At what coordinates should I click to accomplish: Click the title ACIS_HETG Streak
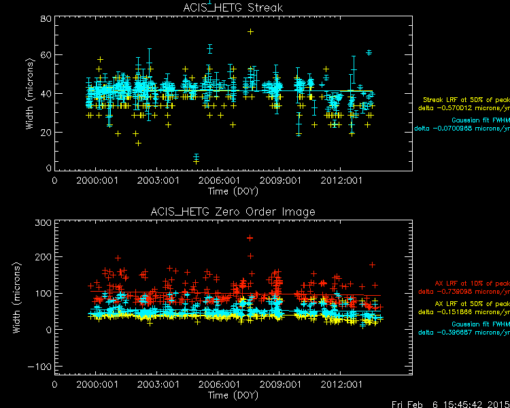tap(233, 8)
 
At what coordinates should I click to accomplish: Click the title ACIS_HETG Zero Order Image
tap(233, 211)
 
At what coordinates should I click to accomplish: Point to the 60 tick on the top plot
tap(46, 55)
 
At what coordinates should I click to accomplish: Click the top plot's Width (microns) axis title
tap(29, 95)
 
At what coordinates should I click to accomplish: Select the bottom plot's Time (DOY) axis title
tap(233, 394)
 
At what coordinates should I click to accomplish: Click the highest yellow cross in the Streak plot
tap(250, 31)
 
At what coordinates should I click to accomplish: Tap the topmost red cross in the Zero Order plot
tap(250, 238)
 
